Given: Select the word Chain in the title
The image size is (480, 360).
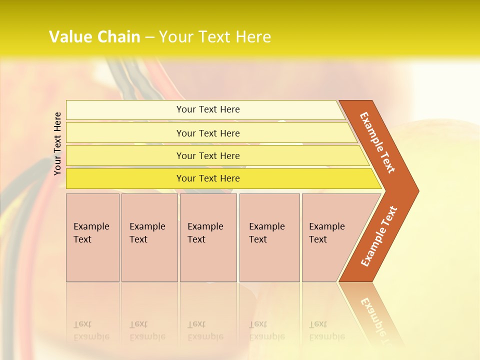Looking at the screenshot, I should (119, 37).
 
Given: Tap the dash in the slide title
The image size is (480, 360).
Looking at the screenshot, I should (150, 37).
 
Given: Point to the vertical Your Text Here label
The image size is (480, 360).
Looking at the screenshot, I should (57, 143).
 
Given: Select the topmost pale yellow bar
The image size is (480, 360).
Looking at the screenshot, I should (208, 109).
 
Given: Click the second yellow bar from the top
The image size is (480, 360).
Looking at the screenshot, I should (208, 133).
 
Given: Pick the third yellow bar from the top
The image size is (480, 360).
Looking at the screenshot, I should (208, 155).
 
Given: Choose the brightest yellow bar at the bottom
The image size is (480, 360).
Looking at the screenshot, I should (208, 178).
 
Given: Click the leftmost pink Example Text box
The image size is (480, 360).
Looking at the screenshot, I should (92, 237).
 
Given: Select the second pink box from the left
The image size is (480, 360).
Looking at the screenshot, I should (149, 237).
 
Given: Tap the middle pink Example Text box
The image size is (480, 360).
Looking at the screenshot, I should (208, 237).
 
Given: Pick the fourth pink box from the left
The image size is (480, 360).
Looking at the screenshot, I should (269, 237).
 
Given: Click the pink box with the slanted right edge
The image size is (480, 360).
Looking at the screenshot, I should (330, 237).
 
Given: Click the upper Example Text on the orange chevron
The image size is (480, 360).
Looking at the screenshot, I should (377, 142).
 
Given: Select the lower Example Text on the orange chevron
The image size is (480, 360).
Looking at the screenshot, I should (379, 236).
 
